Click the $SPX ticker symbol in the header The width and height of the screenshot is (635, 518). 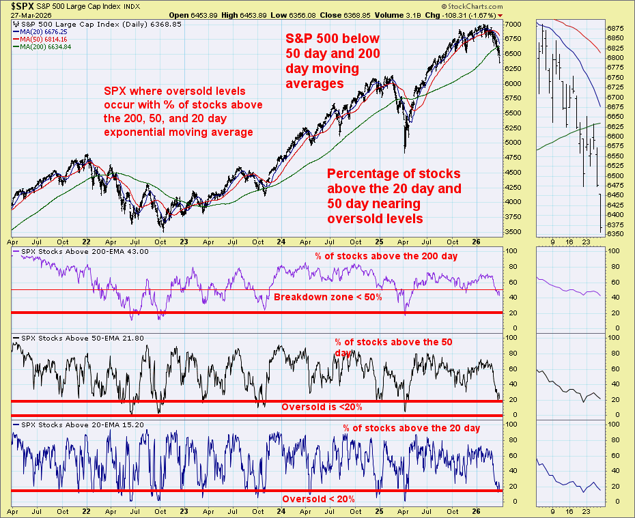click(x=23, y=6)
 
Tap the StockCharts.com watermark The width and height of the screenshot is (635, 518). click(x=472, y=6)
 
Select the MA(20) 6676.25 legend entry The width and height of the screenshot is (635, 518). click(x=40, y=32)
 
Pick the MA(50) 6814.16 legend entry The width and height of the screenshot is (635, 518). click(x=40, y=40)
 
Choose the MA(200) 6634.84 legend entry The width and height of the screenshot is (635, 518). click(x=42, y=47)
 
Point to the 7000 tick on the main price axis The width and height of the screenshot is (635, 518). click(x=513, y=25)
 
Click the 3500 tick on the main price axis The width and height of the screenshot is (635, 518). click(x=513, y=232)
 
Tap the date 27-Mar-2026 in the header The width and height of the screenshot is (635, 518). click(x=31, y=16)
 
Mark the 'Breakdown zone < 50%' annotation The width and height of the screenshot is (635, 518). click(x=328, y=297)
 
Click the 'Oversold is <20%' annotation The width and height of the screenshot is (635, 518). click(x=322, y=407)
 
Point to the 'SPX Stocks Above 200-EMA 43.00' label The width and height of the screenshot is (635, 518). click(x=85, y=251)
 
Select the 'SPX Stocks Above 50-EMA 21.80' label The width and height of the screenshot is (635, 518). click(x=83, y=339)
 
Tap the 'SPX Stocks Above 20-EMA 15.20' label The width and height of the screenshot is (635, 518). click(x=83, y=425)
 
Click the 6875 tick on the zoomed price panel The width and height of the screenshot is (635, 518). click(x=615, y=29)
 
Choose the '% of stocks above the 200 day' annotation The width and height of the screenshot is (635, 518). click(x=386, y=256)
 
